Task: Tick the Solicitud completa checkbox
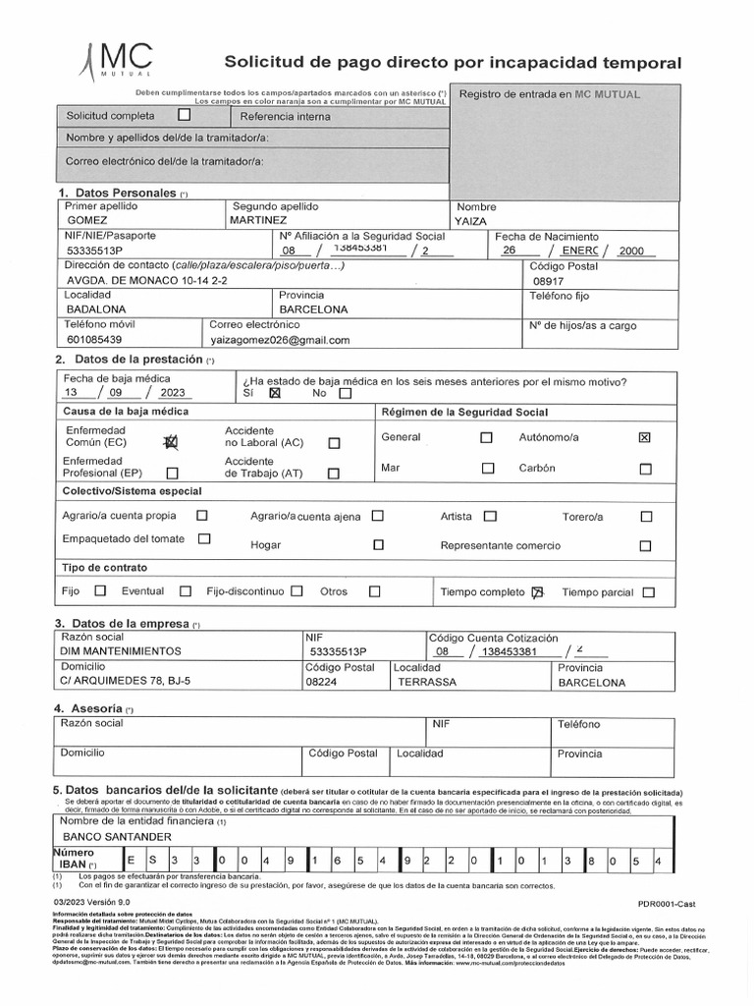click(x=184, y=114)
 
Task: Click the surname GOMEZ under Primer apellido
click(x=87, y=221)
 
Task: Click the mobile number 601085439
click(x=94, y=339)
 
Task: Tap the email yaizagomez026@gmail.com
click(x=280, y=340)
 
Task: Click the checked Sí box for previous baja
click(x=274, y=394)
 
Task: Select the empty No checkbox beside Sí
click(x=344, y=394)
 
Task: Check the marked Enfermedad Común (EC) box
click(x=172, y=443)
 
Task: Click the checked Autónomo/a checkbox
click(x=645, y=437)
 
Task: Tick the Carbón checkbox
click(x=645, y=469)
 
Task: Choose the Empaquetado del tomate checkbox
click(x=204, y=538)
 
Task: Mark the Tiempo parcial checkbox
click(x=648, y=592)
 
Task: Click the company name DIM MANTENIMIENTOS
click(x=121, y=650)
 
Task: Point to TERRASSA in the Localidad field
click(x=424, y=681)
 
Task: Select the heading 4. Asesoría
click(x=94, y=707)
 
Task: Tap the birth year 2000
click(x=631, y=251)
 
